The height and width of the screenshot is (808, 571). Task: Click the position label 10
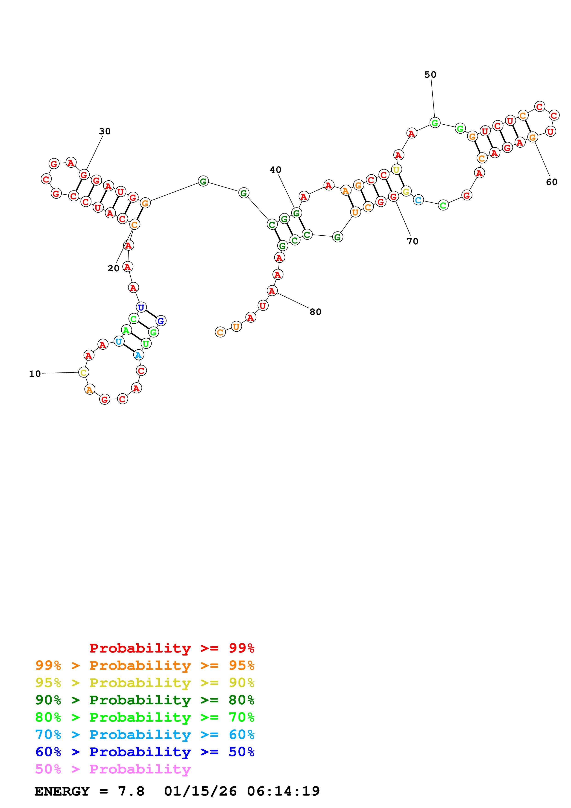35,374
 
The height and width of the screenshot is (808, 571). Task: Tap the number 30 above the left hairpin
105,131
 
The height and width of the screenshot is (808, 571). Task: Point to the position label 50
430,75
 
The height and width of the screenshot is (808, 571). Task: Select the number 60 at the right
551,182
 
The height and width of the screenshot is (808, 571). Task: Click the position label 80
315,312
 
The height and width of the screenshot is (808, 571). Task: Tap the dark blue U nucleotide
141,307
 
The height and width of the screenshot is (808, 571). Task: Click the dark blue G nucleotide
161,321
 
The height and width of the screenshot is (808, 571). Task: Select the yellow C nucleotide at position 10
83,372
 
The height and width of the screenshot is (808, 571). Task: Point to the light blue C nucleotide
418,200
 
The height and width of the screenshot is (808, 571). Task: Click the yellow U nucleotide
396,170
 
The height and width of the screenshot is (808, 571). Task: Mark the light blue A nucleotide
138,355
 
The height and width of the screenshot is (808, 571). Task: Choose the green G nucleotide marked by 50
435,123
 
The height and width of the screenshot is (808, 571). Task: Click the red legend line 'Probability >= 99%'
172,648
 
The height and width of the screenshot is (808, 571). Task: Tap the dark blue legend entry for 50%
145,752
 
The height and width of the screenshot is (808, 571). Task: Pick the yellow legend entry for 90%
145,683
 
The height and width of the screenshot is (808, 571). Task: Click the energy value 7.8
131,791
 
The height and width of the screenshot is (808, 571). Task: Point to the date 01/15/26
200,791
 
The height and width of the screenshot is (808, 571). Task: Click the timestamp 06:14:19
283,791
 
